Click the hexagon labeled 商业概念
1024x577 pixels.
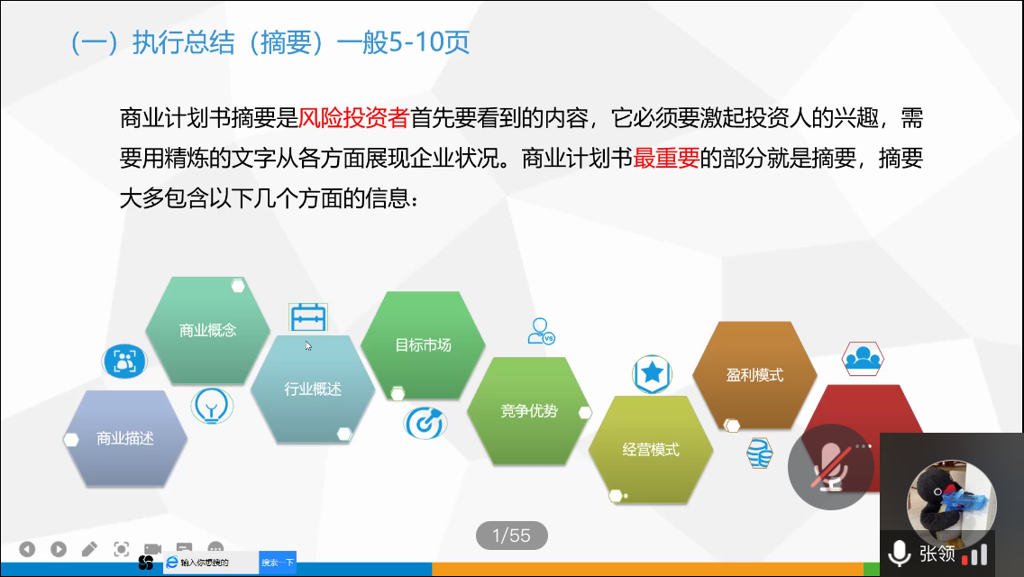pos(207,330)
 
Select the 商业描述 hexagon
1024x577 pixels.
pos(124,438)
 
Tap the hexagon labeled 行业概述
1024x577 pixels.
pos(313,389)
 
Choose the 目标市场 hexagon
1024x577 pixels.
pos(423,345)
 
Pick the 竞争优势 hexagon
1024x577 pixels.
pos(529,411)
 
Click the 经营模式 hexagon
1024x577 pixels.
pos(651,450)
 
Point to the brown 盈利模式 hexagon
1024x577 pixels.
pos(755,375)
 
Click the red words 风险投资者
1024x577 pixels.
pos(353,118)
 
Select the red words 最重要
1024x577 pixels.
pos(666,158)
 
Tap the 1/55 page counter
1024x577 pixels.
pos(511,536)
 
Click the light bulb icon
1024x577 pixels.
pos(212,406)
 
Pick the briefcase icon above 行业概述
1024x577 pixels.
pos(308,317)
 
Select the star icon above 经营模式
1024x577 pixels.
pos(652,374)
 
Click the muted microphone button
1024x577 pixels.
pos(831,467)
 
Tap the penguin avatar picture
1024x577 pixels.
pos(952,503)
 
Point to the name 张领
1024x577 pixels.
pos(937,554)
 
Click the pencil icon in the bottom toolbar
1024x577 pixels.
pos(89,549)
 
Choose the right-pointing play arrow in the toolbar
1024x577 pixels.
pos(58,549)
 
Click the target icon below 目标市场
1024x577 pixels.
pos(425,424)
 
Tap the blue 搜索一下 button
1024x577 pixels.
pos(278,563)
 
